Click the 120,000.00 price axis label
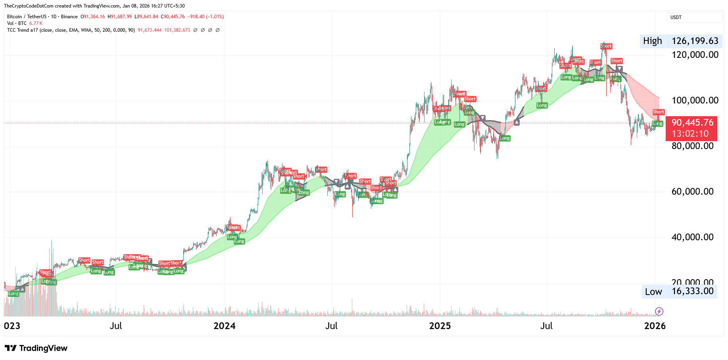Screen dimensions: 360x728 695,55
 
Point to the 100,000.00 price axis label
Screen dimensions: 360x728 695,100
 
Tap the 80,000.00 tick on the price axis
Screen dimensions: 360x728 692,146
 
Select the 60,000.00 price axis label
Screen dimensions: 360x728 692,191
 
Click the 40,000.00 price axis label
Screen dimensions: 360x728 692,237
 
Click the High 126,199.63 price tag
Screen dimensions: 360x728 681,41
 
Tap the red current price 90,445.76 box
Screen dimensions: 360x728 692,128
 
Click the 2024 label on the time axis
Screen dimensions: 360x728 224,326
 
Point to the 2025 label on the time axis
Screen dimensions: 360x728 440,326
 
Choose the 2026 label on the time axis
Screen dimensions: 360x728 655,326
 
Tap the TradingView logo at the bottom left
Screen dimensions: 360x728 36,348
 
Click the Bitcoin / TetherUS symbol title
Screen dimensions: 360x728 27,17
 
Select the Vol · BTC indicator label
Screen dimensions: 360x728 17,23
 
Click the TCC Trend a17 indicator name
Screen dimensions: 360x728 23,30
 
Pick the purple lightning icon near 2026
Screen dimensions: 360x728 659,311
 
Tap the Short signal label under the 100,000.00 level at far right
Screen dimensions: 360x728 658,112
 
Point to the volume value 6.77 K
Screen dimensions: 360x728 36,23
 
